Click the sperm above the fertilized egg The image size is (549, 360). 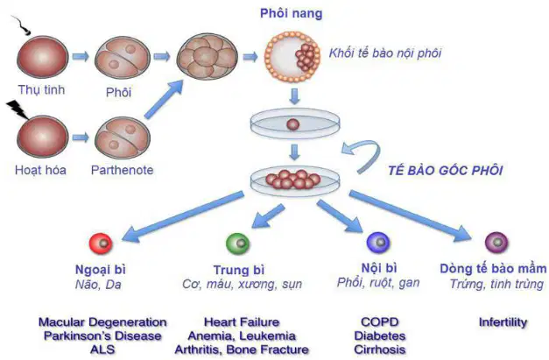pyautogui.click(x=22, y=25)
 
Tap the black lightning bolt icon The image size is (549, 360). pyautogui.click(x=18, y=109)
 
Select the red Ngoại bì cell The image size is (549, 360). pyautogui.click(x=101, y=243)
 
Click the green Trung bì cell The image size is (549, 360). pyautogui.click(x=238, y=244)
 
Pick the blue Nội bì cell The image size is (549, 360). pyautogui.click(x=378, y=243)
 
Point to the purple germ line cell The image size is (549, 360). pyautogui.click(x=496, y=243)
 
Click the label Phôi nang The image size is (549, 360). pyautogui.click(x=291, y=13)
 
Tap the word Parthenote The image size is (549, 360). pyautogui.click(x=123, y=170)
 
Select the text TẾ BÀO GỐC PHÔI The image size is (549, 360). pyautogui.click(x=446, y=171)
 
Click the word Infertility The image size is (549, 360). pyautogui.click(x=503, y=322)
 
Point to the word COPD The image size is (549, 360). pyautogui.click(x=380, y=321)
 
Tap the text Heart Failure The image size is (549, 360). pyautogui.click(x=242, y=321)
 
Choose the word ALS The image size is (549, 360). pyautogui.click(x=102, y=349)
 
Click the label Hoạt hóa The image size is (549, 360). pyautogui.click(x=40, y=170)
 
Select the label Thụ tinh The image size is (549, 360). pyautogui.click(x=42, y=90)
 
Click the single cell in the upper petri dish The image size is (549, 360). pyautogui.click(x=293, y=124)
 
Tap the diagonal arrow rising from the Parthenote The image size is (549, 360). pyautogui.click(x=164, y=100)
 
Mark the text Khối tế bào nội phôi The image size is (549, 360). pyautogui.click(x=385, y=53)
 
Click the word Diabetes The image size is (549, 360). pyautogui.click(x=380, y=335)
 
